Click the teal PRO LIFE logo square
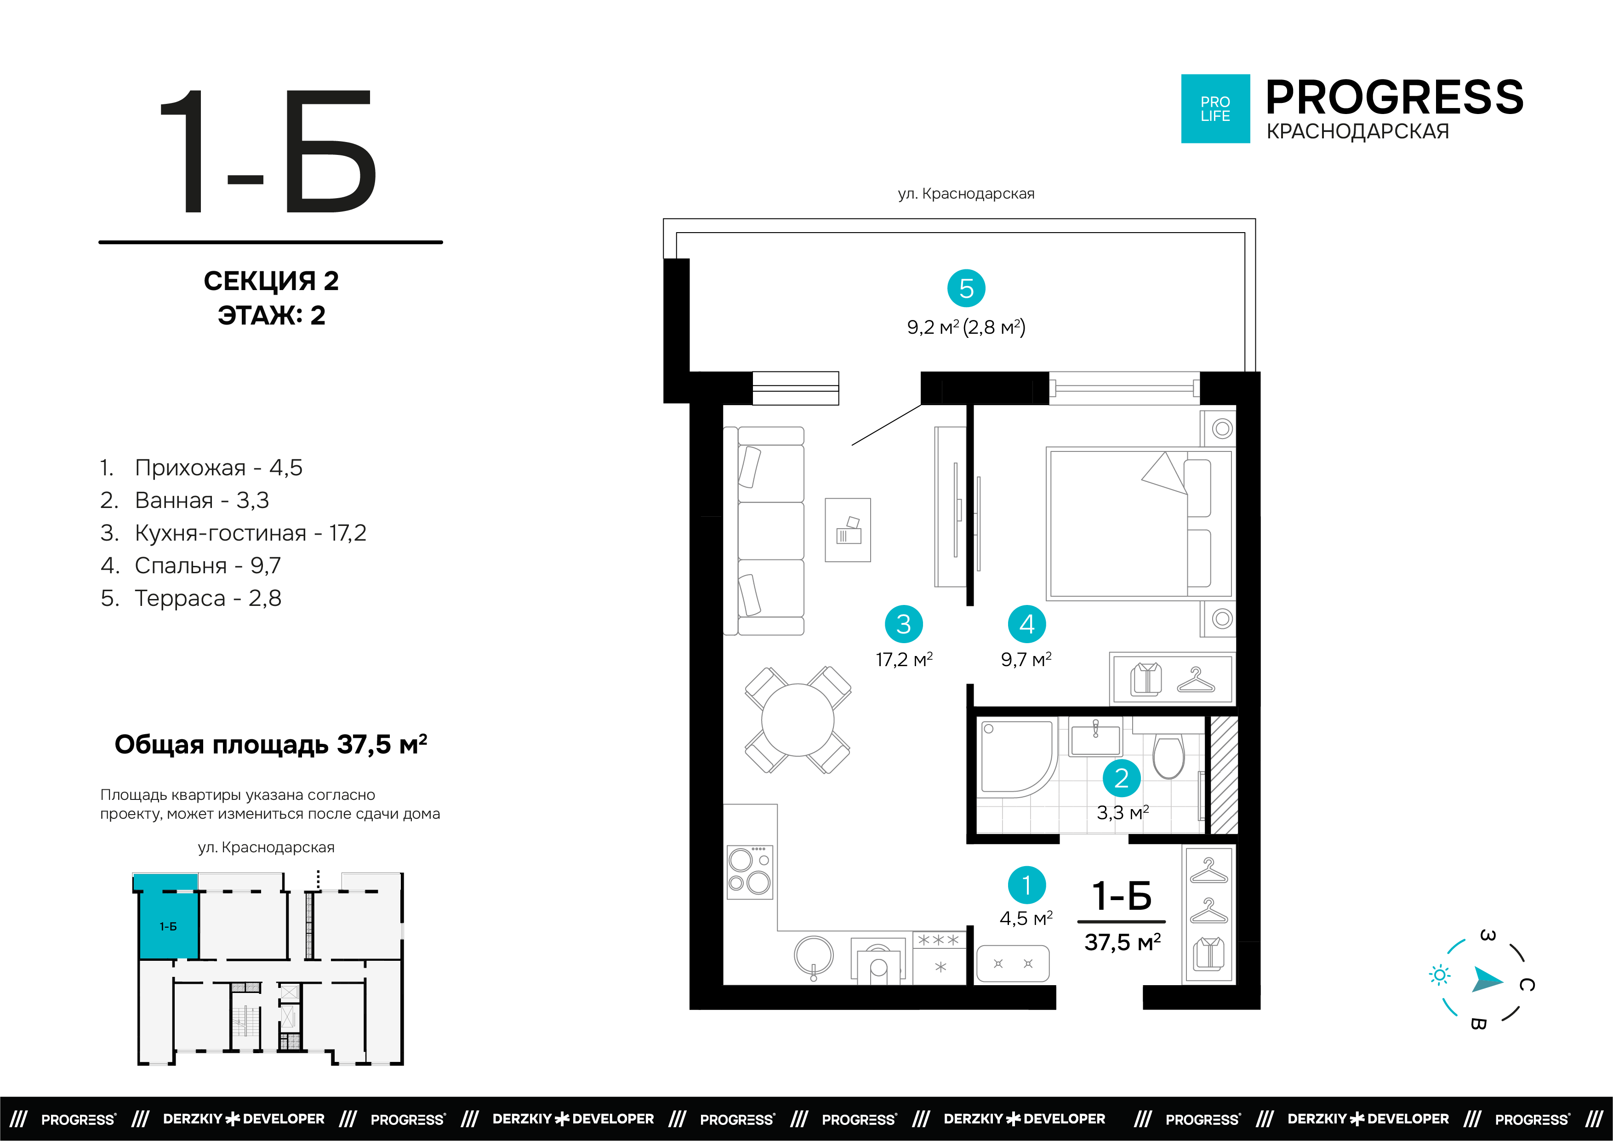coord(1215,109)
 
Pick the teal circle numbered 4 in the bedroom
coord(1026,624)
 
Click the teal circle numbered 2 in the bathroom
coord(1121,778)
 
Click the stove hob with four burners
coord(750,872)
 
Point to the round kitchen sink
coord(814,956)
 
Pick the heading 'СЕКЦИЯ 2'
coord(271,281)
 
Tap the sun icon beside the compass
coord(1440,975)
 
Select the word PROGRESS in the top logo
coord(1395,97)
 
